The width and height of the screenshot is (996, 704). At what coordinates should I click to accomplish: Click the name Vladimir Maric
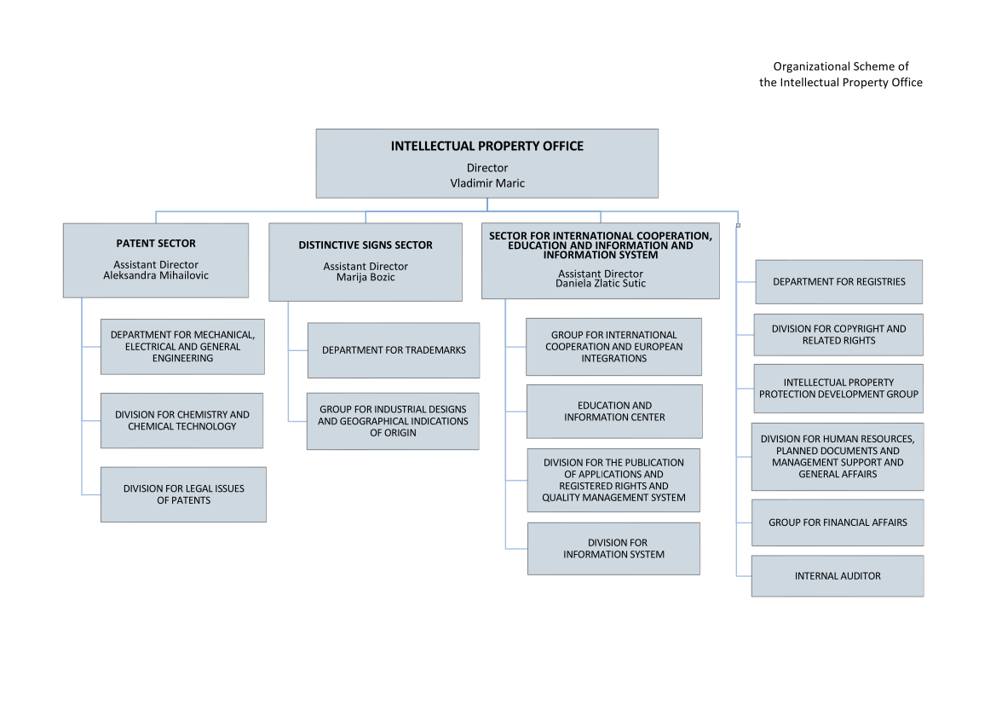click(487, 183)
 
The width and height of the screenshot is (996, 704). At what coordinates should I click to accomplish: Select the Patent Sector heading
click(156, 244)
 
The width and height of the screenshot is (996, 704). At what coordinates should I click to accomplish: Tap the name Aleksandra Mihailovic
click(156, 275)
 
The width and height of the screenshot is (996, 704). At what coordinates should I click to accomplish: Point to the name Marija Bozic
click(366, 277)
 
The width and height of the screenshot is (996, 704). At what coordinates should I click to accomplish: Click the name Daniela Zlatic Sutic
click(601, 283)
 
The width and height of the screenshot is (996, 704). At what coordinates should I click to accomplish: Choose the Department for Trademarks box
click(394, 350)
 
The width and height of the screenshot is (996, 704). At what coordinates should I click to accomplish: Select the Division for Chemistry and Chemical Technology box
click(181, 421)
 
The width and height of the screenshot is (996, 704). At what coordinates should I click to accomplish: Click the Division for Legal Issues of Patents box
click(183, 494)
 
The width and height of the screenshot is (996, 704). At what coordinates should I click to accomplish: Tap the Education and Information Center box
click(614, 411)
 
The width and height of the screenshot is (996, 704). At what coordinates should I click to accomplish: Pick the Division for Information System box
click(613, 548)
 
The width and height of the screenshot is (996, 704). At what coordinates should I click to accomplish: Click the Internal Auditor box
click(838, 575)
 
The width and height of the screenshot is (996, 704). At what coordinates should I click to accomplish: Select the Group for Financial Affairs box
click(838, 522)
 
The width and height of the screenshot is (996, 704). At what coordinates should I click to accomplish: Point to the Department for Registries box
click(839, 281)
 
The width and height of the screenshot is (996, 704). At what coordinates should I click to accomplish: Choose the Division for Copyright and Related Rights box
click(838, 335)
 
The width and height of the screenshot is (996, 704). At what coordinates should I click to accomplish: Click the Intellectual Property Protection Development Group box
click(838, 388)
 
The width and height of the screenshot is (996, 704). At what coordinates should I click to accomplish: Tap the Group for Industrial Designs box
click(393, 421)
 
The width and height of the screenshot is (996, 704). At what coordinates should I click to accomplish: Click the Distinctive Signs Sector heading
click(366, 245)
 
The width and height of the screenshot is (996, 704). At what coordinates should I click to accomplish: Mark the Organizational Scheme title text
click(840, 74)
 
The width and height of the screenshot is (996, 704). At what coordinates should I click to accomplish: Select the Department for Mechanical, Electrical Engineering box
click(182, 346)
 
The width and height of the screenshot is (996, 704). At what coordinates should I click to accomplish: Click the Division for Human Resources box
click(838, 456)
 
